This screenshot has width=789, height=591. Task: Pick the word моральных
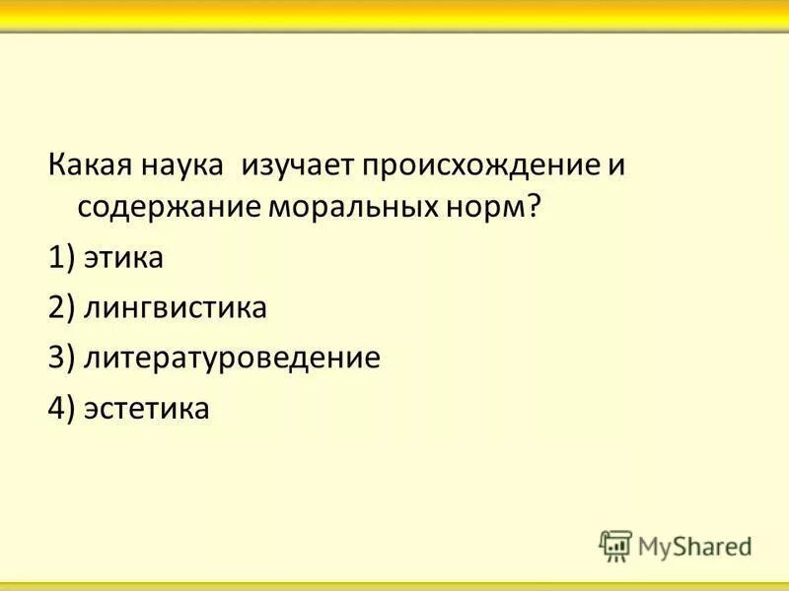(x=345, y=209)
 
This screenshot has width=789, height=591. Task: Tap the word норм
(x=486, y=209)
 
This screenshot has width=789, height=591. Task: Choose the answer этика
(x=124, y=259)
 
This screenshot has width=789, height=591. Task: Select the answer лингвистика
(x=176, y=308)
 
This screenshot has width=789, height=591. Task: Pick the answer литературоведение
(x=232, y=358)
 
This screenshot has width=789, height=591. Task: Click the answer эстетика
(x=147, y=407)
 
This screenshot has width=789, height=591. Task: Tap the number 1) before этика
(x=61, y=259)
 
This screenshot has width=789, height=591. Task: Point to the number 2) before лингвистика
(x=61, y=308)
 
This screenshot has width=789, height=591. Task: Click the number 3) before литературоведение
(x=61, y=358)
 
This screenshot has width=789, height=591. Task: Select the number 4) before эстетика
(x=61, y=407)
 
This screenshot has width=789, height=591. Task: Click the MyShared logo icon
(x=615, y=545)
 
